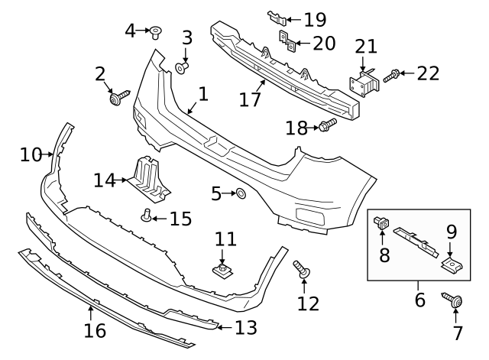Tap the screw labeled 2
point(119,97)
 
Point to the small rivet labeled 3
point(182,68)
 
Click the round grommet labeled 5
point(238,194)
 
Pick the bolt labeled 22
point(392,75)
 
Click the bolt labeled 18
point(328,125)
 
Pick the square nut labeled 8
point(381,223)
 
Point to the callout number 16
point(96,332)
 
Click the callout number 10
point(31,155)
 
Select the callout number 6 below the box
point(419,299)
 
